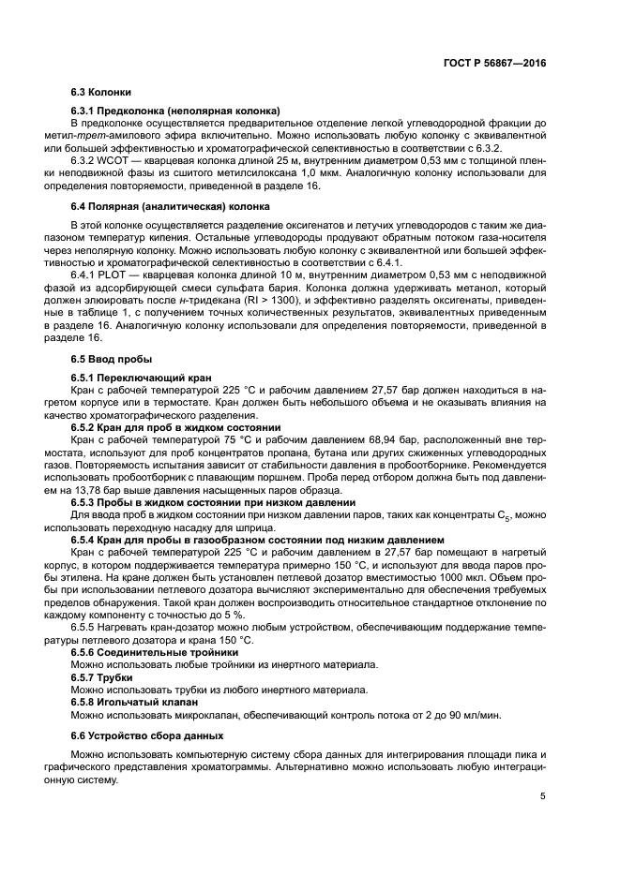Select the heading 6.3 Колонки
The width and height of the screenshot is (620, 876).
tap(101, 93)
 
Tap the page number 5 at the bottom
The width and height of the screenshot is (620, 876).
tap(543, 797)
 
